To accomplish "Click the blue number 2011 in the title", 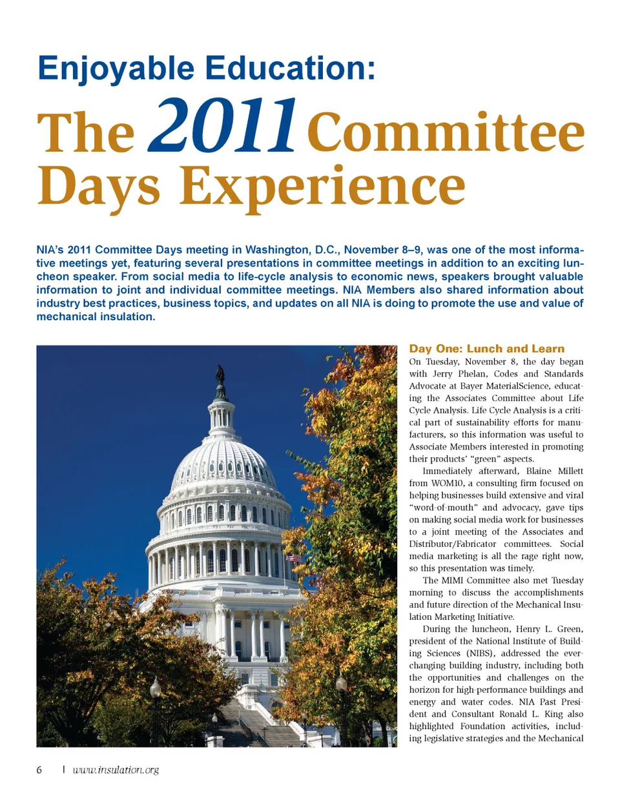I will (223, 127).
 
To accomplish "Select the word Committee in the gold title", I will (446, 132).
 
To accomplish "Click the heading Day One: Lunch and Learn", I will (486, 349).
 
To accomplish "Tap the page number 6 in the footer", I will (39, 770).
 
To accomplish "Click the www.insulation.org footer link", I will (116, 770).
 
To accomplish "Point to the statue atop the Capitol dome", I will (220, 375).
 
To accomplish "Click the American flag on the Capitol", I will (293, 557).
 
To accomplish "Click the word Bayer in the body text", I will (471, 386).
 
